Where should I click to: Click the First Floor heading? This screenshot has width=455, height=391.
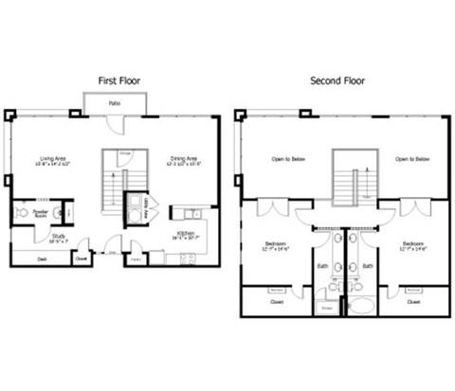(119, 81)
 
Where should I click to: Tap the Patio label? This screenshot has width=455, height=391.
(114, 102)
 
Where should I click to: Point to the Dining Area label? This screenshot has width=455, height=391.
(184, 159)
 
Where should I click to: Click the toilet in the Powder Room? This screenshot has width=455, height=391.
(59, 212)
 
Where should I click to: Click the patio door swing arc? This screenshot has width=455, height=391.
(114, 124)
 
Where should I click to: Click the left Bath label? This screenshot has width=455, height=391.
(322, 266)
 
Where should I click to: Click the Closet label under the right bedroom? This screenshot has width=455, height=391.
(414, 303)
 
